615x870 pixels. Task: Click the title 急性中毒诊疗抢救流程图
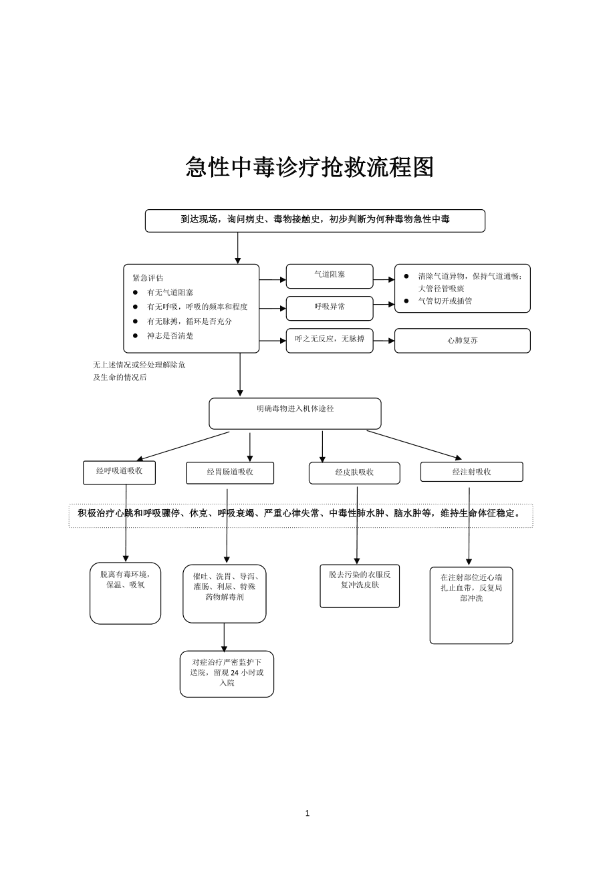[x=310, y=167]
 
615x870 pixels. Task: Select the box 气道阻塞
[x=330, y=275]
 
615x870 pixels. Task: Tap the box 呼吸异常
[x=330, y=307]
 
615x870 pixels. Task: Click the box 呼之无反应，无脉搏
[x=330, y=339]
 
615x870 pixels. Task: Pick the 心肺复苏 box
[x=462, y=340]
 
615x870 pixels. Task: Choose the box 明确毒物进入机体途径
[x=295, y=413]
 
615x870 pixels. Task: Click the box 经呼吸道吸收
[x=119, y=472]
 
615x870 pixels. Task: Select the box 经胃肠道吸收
[x=230, y=472]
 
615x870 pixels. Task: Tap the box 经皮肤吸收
[x=354, y=472]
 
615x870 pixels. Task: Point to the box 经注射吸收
[x=471, y=472]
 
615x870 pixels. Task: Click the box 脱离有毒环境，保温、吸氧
[x=126, y=592]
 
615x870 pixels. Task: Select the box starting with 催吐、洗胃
[x=225, y=593]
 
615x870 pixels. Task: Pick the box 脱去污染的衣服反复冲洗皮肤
[x=360, y=585]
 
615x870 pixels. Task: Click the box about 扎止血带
[x=471, y=605]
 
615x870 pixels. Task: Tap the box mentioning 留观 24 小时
[x=227, y=674]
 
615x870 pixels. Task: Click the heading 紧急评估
[x=148, y=278]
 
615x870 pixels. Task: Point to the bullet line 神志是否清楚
[x=170, y=336]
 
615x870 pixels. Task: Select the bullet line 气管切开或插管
[x=445, y=301]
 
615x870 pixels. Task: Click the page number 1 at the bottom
[x=307, y=813]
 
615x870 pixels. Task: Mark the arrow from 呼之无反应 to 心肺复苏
[x=384, y=341]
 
